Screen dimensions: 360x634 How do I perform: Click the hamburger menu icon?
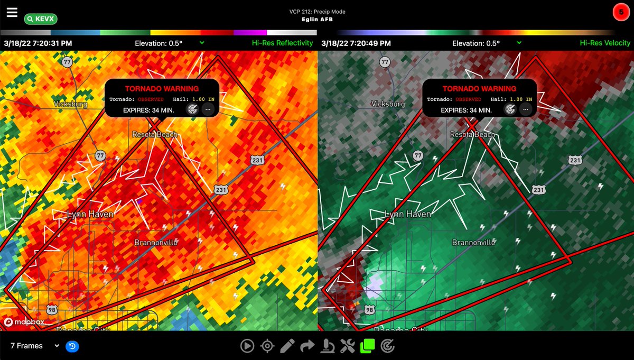tap(12, 12)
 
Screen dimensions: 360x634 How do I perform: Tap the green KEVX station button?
tap(41, 19)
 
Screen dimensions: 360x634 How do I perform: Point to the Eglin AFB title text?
tap(316, 20)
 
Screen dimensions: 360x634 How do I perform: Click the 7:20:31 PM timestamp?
tap(38, 43)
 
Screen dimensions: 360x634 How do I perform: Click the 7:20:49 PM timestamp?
tap(355, 43)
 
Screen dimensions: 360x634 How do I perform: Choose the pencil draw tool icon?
tap(287, 346)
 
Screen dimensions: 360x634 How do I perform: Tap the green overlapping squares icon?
tap(367, 346)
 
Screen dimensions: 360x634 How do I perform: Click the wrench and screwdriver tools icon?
tap(347, 346)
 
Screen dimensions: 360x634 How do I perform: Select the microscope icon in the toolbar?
tap(327, 346)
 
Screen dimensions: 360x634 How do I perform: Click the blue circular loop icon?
tap(72, 346)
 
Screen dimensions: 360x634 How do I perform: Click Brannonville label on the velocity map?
tap(473, 243)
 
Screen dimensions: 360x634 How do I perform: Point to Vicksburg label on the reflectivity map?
tap(70, 104)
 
